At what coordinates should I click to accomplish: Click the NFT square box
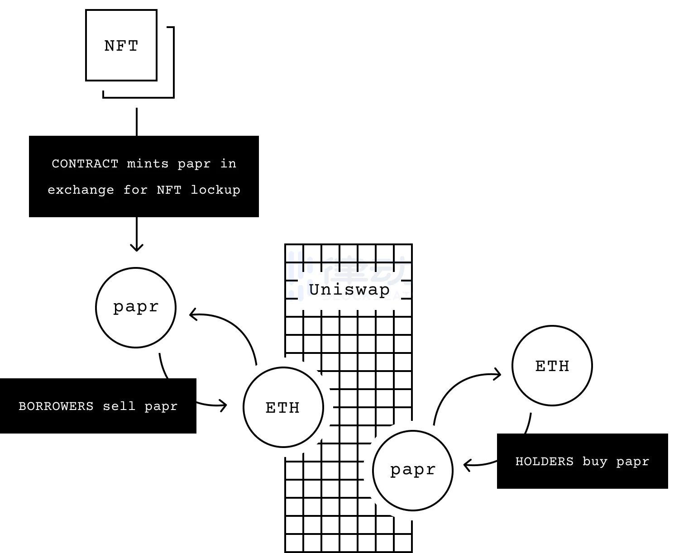point(121,45)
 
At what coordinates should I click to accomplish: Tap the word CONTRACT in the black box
point(85,163)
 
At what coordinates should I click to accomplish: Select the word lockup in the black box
point(215,190)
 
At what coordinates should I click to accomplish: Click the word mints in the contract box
point(148,163)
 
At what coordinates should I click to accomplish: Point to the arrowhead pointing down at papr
point(137,247)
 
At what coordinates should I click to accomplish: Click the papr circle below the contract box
point(136,308)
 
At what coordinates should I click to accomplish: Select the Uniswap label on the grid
point(349,290)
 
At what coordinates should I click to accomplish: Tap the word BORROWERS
point(56,406)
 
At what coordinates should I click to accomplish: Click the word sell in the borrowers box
point(119,406)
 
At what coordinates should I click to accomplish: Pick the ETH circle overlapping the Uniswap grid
point(283,407)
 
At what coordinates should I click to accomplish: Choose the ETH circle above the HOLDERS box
point(552,366)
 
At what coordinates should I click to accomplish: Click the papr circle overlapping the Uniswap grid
point(413,470)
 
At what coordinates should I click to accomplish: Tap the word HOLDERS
point(545,461)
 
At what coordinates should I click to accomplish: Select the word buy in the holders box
point(594,461)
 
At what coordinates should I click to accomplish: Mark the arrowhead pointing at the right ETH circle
point(498,374)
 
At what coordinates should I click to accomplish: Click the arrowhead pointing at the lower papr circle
point(467,465)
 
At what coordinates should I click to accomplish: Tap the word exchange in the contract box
point(81,190)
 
